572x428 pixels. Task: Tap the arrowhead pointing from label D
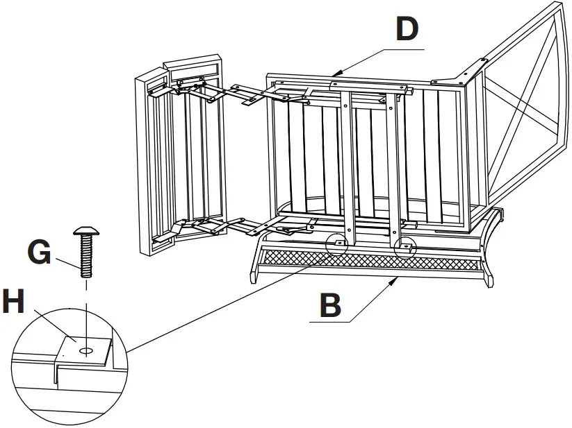click(x=335, y=71)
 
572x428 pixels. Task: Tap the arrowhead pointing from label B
click(x=397, y=279)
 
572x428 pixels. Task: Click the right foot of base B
click(x=492, y=280)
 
